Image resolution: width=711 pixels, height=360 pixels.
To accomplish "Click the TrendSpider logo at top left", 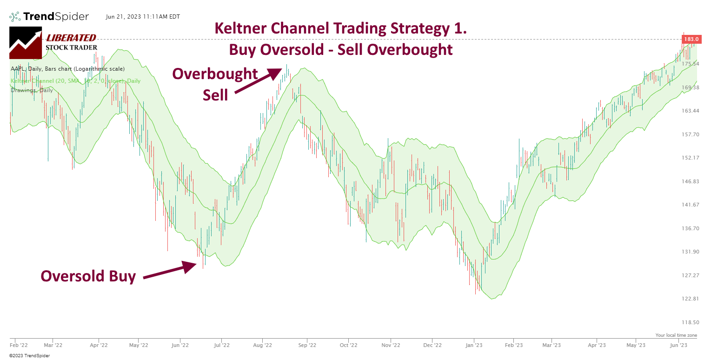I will click(49, 17).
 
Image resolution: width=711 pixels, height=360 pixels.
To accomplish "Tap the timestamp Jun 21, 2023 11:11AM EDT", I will click(143, 17).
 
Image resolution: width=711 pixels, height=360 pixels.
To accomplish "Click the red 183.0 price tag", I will click(691, 40).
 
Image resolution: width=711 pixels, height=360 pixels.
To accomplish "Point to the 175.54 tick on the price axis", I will click(691, 64).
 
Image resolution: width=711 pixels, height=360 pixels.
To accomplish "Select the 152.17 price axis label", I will click(691, 158).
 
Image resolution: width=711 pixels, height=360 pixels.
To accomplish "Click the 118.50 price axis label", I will click(691, 322).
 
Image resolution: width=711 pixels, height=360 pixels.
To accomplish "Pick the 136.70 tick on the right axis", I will click(691, 228).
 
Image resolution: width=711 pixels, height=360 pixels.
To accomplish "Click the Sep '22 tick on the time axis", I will click(307, 345).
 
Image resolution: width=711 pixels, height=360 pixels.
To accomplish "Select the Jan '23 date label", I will click(474, 345).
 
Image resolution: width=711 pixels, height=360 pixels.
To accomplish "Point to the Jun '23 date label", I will click(678, 345).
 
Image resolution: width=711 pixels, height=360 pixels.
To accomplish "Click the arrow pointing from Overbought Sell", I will click(258, 81).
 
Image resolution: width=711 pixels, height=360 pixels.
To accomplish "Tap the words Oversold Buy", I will click(88, 276).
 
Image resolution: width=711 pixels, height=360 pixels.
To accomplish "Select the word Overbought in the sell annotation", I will click(215, 73).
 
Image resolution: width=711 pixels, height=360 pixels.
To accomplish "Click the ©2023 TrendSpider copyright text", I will click(29, 356).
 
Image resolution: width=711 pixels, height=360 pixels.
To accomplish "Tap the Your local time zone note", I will click(676, 335).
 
